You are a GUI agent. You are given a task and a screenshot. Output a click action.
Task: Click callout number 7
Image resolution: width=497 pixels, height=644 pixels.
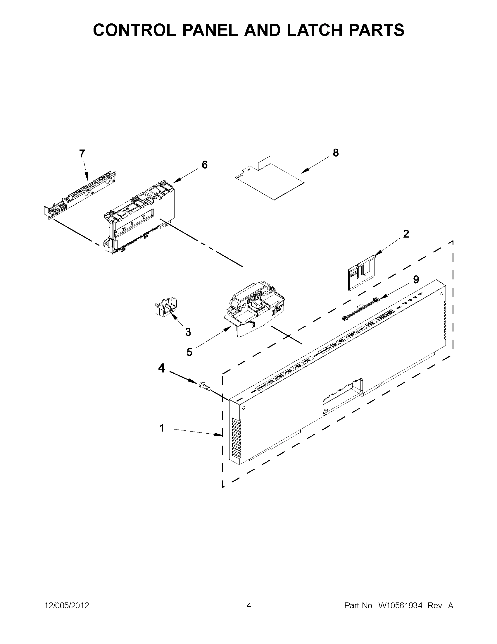82,153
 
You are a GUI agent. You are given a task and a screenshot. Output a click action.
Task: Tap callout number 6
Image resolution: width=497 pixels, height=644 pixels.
204,164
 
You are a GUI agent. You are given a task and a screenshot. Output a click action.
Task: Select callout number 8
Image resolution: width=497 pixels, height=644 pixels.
336,153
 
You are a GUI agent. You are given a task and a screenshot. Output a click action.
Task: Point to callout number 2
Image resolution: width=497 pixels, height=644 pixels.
406,234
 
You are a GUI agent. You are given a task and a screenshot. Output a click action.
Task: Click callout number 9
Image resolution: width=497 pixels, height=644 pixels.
416,279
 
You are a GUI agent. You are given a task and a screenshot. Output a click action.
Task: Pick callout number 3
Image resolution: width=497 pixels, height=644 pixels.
188,332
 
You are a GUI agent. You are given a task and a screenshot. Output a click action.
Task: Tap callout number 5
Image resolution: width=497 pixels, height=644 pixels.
189,352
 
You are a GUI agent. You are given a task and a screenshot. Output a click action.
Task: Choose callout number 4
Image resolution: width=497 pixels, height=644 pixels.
162,368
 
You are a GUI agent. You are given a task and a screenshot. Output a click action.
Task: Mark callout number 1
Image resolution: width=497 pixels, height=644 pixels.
162,428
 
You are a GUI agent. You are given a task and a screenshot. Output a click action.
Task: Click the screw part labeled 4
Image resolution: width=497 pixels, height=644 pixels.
205,386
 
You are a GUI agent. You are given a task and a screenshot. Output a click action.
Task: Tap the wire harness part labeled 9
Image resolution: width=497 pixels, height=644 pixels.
359,309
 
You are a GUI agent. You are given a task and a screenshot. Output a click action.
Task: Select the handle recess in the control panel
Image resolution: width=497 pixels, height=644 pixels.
343,396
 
